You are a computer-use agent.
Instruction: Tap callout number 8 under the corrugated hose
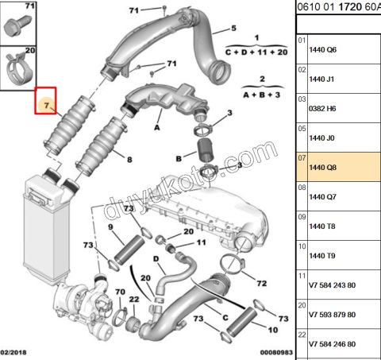coord(129,159)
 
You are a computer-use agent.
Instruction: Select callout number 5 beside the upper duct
coord(233,28)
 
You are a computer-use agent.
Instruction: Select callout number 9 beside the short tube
coord(112,227)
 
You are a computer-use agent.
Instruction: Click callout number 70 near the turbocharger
coord(119,292)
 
